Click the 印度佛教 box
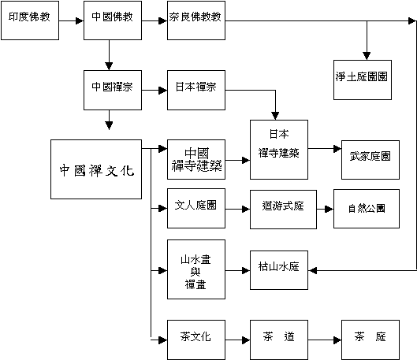tap(30, 20)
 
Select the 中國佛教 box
tap(113, 20)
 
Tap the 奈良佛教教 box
tap(196, 20)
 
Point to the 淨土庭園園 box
tap(363, 80)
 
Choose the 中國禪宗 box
tap(113, 90)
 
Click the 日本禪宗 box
tap(196, 90)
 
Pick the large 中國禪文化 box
tap(96, 169)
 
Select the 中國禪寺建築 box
tap(196, 159)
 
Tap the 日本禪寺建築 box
tap(279, 150)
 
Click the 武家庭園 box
tap(370, 160)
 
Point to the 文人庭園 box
tap(196, 208)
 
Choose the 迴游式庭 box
tap(283, 210)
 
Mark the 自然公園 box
tap(367, 209)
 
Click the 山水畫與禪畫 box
tap(196, 269)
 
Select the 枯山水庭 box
tap(279, 270)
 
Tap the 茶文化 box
tap(196, 340)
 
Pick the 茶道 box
tap(279, 340)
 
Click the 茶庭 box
tap(370, 340)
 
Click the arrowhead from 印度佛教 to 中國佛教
tap(80, 20)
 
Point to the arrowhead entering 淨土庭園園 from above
tap(367, 56)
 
